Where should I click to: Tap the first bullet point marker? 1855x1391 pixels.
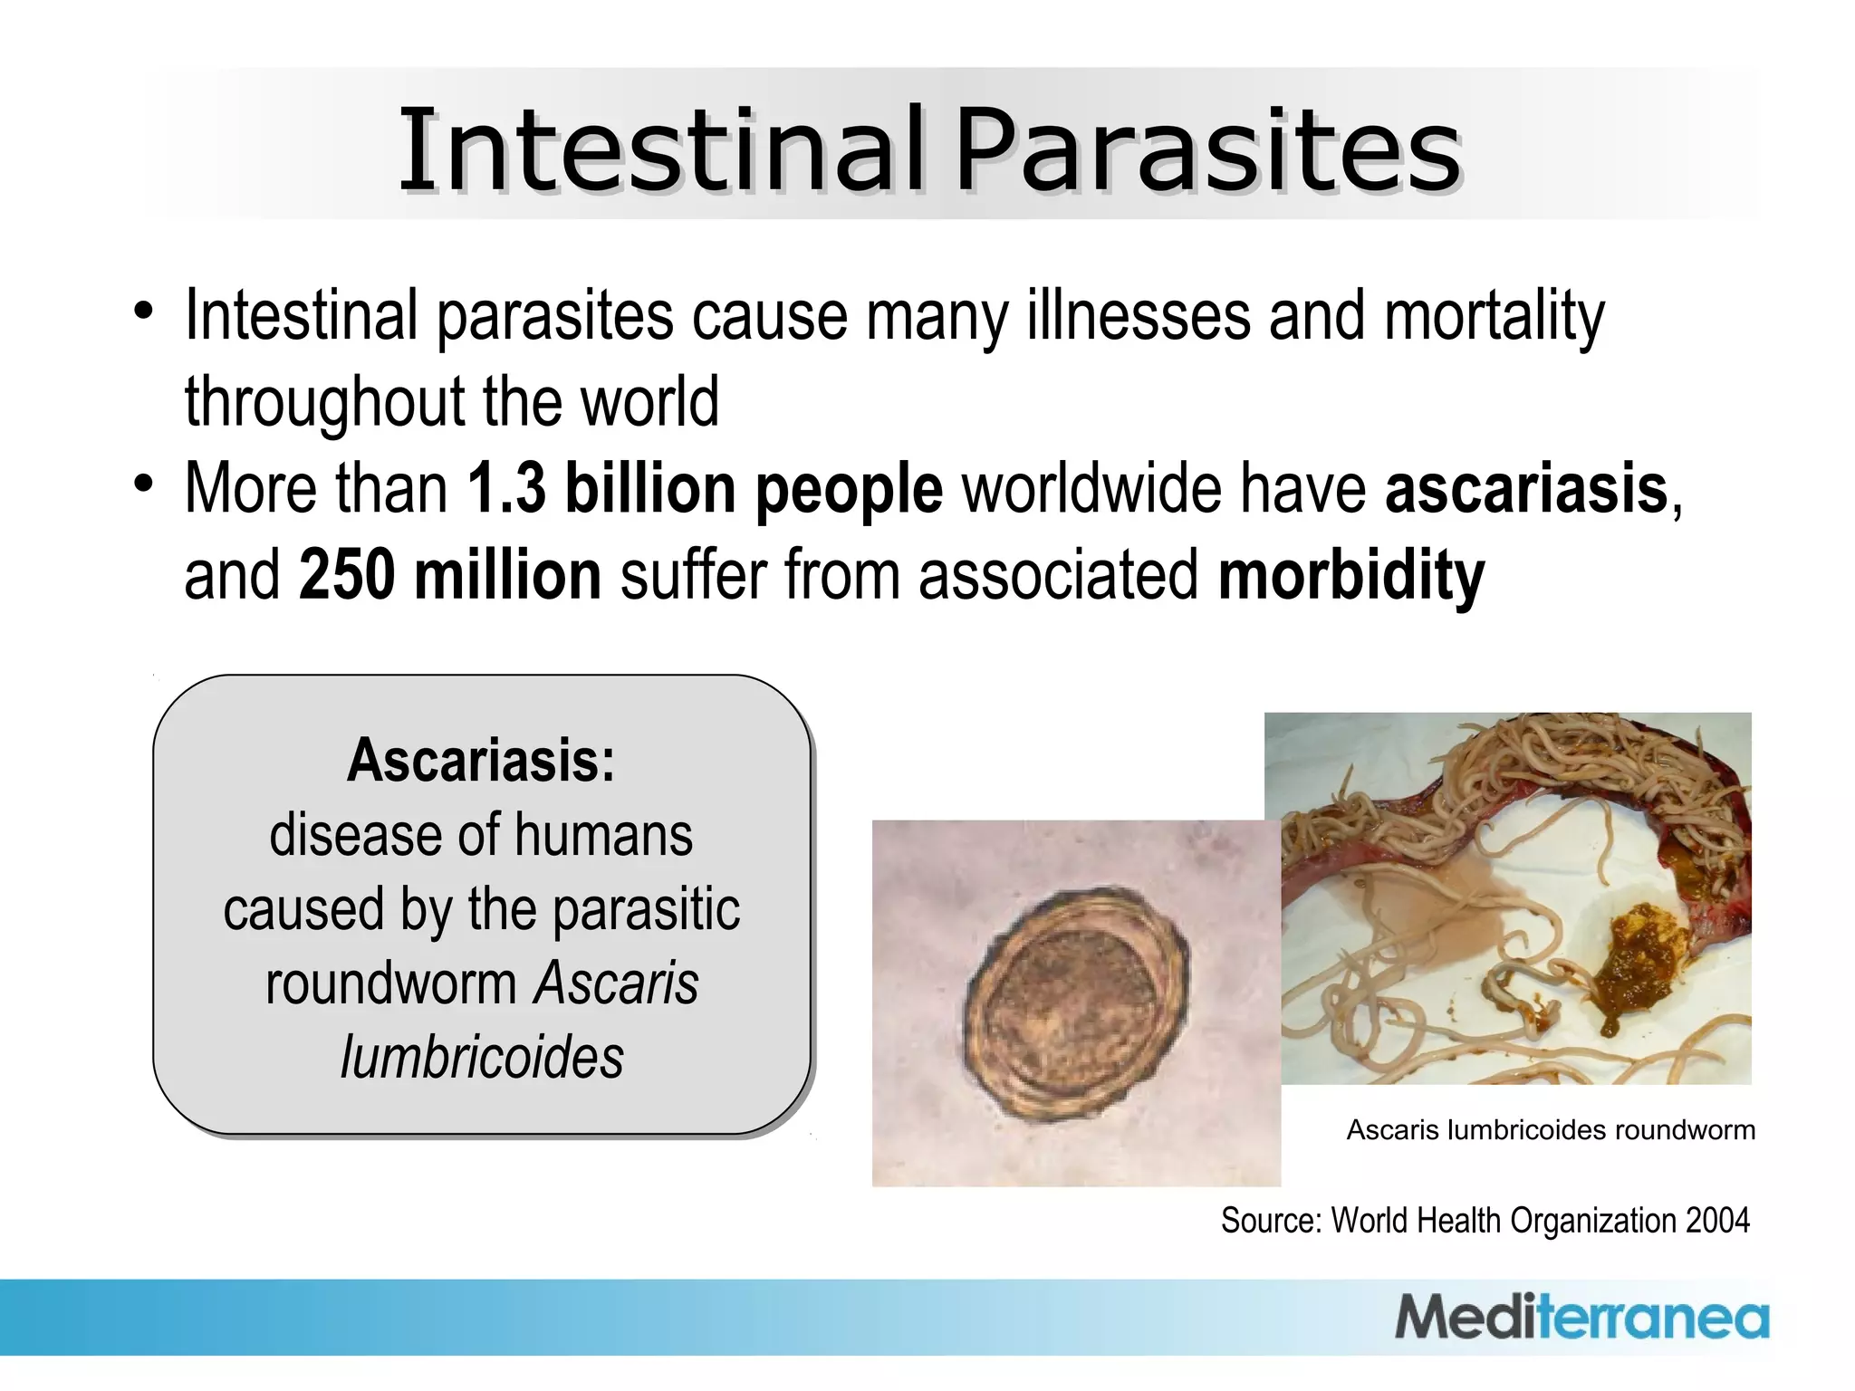(x=143, y=311)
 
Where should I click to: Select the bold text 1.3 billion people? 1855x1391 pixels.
(x=705, y=489)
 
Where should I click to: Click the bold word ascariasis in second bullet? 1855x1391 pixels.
(x=1526, y=489)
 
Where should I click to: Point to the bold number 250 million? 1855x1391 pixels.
(x=450, y=575)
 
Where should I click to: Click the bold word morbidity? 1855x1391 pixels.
(x=1350, y=575)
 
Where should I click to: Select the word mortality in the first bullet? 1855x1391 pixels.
(x=1495, y=317)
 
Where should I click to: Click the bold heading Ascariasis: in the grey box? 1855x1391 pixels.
(x=481, y=760)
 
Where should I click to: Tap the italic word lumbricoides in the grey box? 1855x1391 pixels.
(x=482, y=1057)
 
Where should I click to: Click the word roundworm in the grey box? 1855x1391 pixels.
(x=391, y=983)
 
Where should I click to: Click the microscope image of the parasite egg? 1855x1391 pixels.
(x=1075, y=1002)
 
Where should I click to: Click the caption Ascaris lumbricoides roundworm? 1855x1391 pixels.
(x=1550, y=1130)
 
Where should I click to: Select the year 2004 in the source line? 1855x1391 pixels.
(x=1717, y=1221)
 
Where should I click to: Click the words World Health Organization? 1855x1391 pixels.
(x=1504, y=1221)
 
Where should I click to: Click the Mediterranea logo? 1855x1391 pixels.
(x=1581, y=1318)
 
